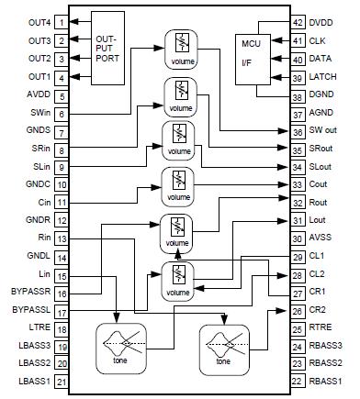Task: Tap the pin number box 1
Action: tap(61, 21)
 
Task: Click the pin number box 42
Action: tap(298, 21)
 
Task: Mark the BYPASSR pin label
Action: tap(26, 293)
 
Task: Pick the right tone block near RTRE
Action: tap(225, 347)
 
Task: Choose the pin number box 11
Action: tap(61, 202)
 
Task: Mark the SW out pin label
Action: tap(328, 131)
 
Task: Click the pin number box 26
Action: tap(298, 310)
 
